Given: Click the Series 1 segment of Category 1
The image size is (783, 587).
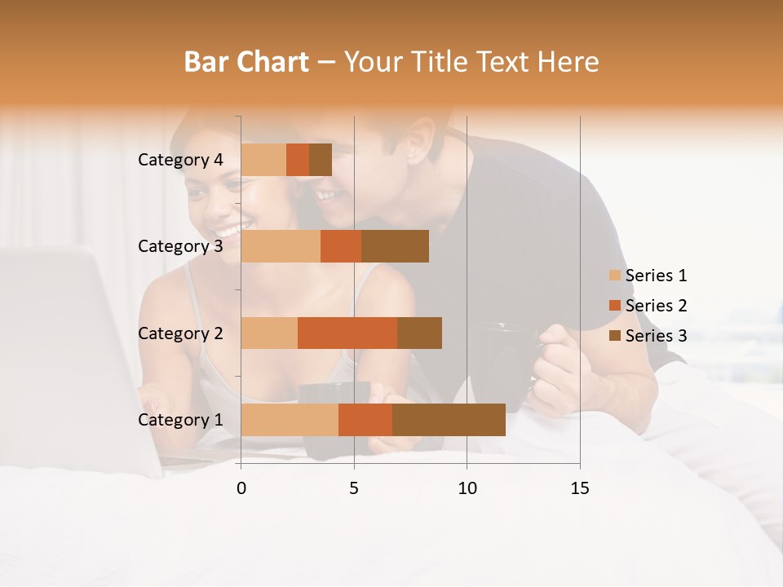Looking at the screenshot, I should pyautogui.click(x=290, y=420).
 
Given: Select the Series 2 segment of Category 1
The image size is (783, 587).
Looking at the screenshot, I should pyautogui.click(x=365, y=420).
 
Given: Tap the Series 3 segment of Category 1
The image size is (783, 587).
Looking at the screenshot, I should pyautogui.click(x=449, y=420).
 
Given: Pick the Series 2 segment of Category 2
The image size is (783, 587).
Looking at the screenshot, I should pyautogui.click(x=347, y=333).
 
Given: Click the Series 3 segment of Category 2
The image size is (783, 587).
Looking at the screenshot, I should pyautogui.click(x=419, y=333).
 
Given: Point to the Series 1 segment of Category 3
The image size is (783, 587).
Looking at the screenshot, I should pyautogui.click(x=281, y=246).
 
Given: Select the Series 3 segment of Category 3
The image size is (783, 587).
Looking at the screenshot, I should pyautogui.click(x=395, y=246).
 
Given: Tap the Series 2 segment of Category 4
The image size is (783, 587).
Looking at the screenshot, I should pyautogui.click(x=298, y=160).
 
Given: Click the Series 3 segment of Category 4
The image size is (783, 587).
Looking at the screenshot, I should pyautogui.click(x=321, y=160).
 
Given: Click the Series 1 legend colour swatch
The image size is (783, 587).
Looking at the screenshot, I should pyautogui.click(x=615, y=276).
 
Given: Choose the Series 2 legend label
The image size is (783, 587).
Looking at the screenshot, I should pyautogui.click(x=656, y=306).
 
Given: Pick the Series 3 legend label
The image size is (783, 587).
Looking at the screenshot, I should pyautogui.click(x=656, y=336).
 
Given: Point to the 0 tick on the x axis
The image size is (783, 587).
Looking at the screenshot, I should pyautogui.click(x=241, y=488).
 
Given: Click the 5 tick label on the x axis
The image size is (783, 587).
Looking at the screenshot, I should pyautogui.click(x=354, y=488).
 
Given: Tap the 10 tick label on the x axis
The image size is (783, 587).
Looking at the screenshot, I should pyautogui.click(x=467, y=488).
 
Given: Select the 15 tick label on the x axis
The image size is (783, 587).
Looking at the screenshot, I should pyautogui.click(x=580, y=488).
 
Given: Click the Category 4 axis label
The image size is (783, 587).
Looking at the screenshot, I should pyautogui.click(x=180, y=160).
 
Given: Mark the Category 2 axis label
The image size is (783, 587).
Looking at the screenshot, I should pyautogui.click(x=180, y=333).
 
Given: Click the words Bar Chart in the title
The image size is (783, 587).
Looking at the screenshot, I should pyautogui.click(x=246, y=62).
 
